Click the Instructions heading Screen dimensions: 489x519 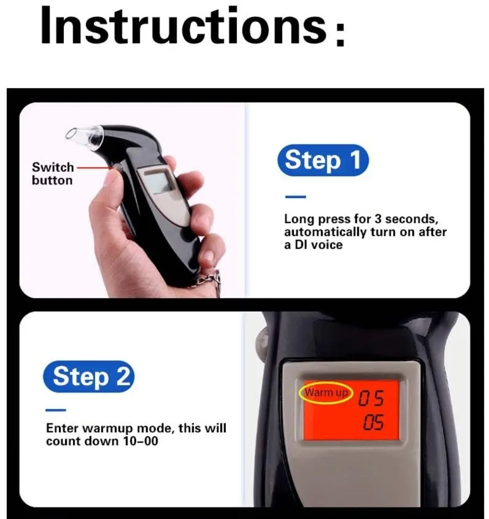193,26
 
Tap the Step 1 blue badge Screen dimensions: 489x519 323,160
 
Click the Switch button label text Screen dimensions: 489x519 53,174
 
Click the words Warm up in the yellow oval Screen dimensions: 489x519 326,393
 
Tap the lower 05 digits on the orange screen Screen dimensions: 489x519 374,423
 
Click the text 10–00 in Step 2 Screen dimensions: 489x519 140,441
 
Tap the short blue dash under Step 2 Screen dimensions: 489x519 56,410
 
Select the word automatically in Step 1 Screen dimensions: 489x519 326,232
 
